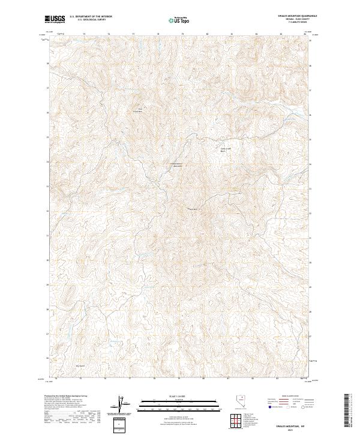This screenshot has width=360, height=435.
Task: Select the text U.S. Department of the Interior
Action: (x=91, y=17)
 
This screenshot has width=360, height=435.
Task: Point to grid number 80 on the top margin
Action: (x=207, y=34)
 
